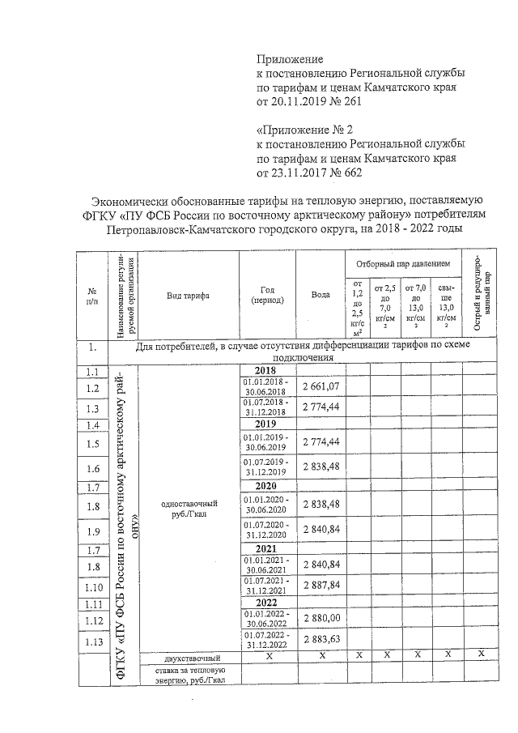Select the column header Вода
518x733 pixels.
click(x=321, y=295)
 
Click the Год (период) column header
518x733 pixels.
click(x=268, y=295)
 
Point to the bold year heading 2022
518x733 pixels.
click(x=267, y=603)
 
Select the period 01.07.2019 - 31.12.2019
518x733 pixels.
click(x=268, y=467)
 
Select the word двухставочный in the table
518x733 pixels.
click(x=188, y=658)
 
